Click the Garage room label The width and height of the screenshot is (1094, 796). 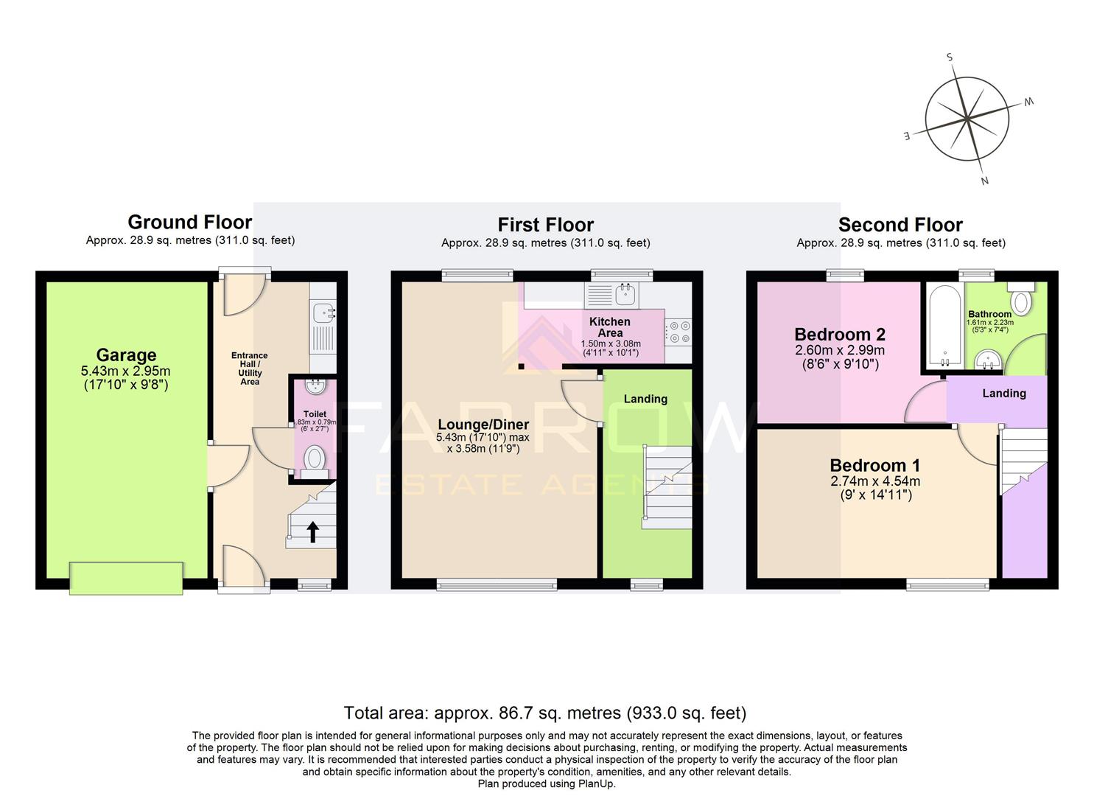point(126,355)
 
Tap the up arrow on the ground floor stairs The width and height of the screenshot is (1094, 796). point(312,531)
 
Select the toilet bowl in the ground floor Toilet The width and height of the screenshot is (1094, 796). point(315,459)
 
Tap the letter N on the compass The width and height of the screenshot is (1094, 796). point(984,181)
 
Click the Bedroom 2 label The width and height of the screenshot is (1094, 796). point(839,335)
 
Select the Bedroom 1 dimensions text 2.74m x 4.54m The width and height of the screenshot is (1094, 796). point(875,481)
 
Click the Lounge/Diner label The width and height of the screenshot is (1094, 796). point(483,425)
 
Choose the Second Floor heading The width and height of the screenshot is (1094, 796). point(900,225)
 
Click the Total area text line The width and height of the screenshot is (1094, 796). point(545,713)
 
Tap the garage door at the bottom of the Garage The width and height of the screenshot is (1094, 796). point(126,578)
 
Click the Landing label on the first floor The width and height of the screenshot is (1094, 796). point(645,399)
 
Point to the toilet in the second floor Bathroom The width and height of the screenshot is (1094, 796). point(1021,300)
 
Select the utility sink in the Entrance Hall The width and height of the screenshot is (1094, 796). point(323,314)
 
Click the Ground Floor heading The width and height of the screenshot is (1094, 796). point(190,222)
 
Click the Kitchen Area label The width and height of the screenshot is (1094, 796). point(610,327)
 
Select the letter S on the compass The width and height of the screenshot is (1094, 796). point(950,57)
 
